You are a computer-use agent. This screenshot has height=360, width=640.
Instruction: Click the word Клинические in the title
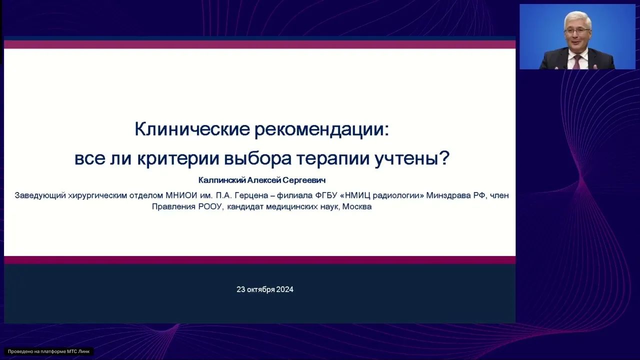pos(192,130)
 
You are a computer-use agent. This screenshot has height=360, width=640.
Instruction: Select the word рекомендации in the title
pos(321,130)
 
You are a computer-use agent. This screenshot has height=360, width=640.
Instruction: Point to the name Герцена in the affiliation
pos(245,195)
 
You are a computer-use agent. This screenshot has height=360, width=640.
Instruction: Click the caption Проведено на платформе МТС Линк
pos(48,351)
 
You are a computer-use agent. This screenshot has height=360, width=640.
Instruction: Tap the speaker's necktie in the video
pos(577,62)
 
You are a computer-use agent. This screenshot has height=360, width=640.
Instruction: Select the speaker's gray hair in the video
pos(577,18)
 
